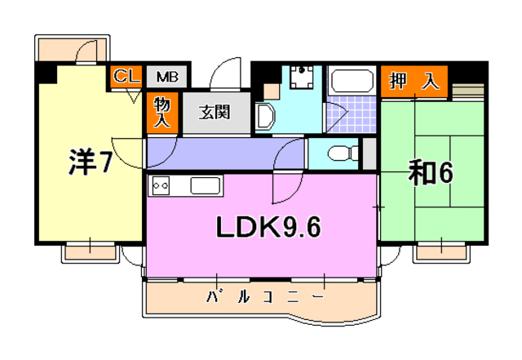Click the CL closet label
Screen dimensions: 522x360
(126, 77)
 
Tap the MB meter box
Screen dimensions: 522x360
(166, 77)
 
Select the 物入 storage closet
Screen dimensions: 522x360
(162, 113)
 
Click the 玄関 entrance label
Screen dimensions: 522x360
(215, 112)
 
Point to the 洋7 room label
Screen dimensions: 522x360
(90, 162)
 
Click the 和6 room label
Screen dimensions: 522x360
(431, 172)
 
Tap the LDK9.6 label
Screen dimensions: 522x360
(268, 227)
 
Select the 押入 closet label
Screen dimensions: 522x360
(414, 81)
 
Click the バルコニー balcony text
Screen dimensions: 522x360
(264, 296)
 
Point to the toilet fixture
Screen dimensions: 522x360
(343, 153)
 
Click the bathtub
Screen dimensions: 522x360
(352, 81)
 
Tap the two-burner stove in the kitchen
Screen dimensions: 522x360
(161, 185)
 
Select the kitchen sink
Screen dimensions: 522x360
(206, 185)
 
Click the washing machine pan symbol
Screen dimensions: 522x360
(301, 78)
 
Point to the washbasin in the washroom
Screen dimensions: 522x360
(265, 115)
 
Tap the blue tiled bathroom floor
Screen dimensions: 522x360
(352, 114)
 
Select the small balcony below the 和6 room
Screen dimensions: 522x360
(441, 253)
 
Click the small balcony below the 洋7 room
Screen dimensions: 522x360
(91, 253)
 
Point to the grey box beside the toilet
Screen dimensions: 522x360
(369, 153)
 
